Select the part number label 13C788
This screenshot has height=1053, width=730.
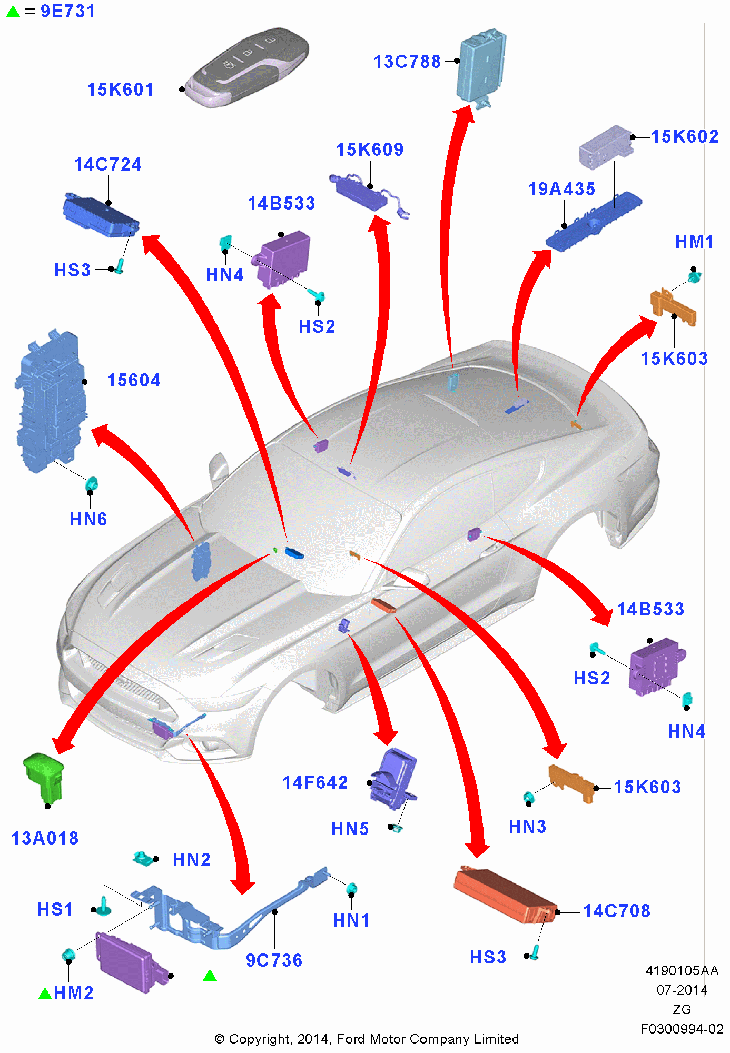pyautogui.click(x=407, y=62)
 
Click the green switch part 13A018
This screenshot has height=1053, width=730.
pyautogui.click(x=44, y=777)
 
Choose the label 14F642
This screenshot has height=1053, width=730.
pyautogui.click(x=315, y=782)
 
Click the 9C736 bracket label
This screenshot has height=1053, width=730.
pyautogui.click(x=274, y=960)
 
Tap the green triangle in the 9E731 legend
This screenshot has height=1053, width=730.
pyautogui.click(x=13, y=12)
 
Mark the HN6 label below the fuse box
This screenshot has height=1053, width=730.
pyautogui.click(x=88, y=519)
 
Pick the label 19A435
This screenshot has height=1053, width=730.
pyautogui.click(x=561, y=189)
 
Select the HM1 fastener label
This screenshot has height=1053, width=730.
pyautogui.click(x=694, y=242)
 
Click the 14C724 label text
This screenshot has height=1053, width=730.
pyautogui.click(x=107, y=164)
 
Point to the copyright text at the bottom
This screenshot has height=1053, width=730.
pyautogui.click(x=367, y=1039)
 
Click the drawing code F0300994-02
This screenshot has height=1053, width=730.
pyautogui.click(x=682, y=1029)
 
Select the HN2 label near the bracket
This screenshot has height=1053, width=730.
pyautogui.click(x=191, y=860)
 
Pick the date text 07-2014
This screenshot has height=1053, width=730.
pyautogui.click(x=682, y=990)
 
